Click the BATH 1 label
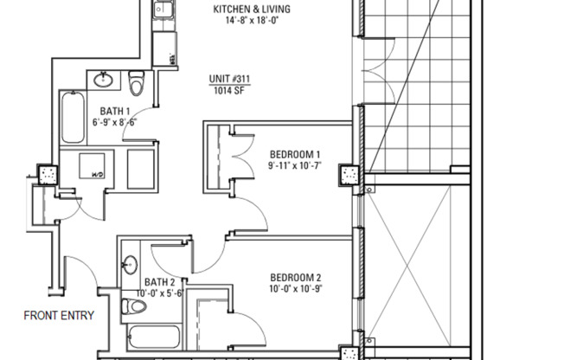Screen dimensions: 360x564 [115, 111]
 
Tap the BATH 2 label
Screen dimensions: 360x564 [160, 282]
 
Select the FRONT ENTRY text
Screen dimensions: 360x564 [59, 315]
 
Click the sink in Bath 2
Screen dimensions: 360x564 [131, 264]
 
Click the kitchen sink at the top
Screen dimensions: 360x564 [163, 11]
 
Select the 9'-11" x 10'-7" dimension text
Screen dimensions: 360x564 [294, 165]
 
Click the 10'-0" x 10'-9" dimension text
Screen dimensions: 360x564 [294, 289]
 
